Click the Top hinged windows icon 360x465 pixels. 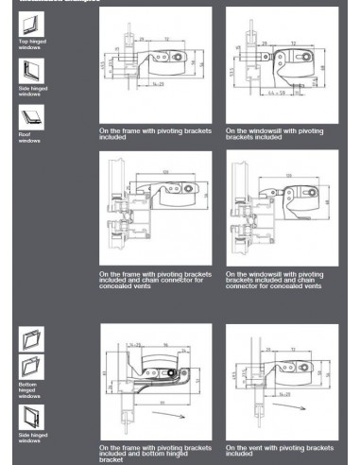click(x=26, y=26)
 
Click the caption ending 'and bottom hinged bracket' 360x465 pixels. click(x=150, y=451)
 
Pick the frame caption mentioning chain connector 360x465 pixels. click(x=150, y=281)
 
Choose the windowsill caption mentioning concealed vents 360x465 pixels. click(x=278, y=281)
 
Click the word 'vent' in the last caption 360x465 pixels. click(x=252, y=445)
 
